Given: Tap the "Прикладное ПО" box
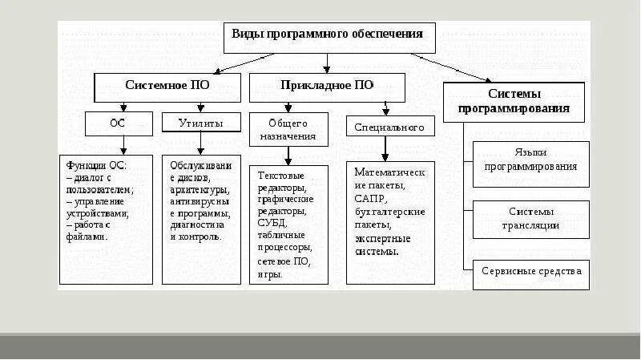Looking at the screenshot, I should (327, 85).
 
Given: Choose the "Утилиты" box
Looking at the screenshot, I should (203, 123).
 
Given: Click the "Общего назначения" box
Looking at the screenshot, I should (288, 130).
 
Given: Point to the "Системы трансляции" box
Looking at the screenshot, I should (530, 218).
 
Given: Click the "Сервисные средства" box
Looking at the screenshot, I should (530, 272).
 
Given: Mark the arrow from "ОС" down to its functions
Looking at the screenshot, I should (123, 144).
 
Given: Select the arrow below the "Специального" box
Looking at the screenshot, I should (385, 148).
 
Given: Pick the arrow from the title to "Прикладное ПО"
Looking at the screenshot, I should (326, 63).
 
